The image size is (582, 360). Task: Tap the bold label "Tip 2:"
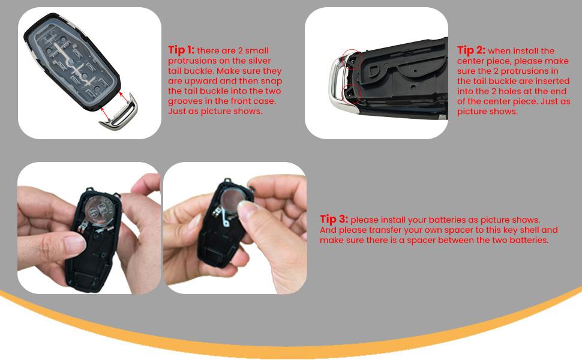[x=471, y=50]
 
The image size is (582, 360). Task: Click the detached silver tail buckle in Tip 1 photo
[x=118, y=113]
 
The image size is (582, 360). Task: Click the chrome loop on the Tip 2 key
[x=336, y=81]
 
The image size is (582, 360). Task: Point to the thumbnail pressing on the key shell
[x=76, y=244]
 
